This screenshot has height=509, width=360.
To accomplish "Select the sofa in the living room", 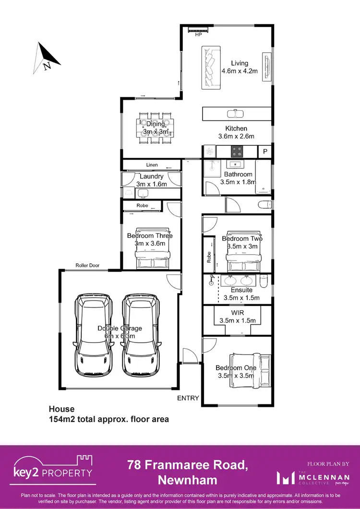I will tap(210, 67).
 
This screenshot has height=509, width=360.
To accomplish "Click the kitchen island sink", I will tap(235, 114).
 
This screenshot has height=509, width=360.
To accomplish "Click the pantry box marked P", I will tap(265, 151).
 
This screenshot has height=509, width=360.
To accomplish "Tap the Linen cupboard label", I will tap(152, 165).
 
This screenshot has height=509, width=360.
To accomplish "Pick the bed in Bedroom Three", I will tap(152, 248).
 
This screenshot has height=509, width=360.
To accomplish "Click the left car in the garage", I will tap(93, 334).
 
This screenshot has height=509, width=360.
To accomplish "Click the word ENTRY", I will tap(188, 398).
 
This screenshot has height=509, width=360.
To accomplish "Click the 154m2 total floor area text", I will tap(108, 419).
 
